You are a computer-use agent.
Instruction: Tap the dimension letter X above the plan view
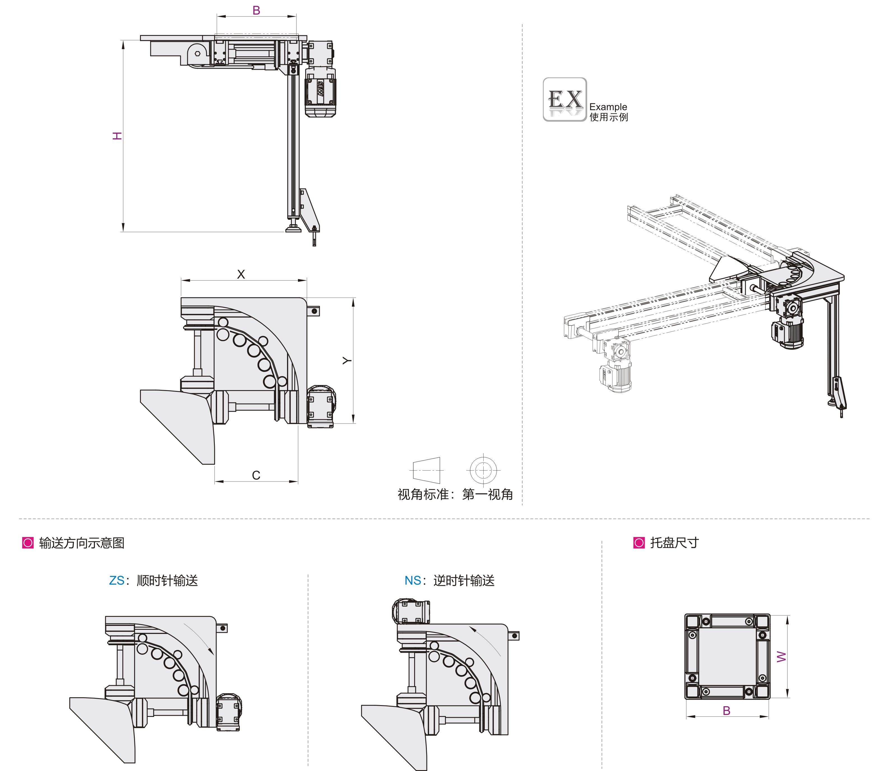coord(241,274)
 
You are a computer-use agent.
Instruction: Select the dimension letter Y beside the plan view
coord(347,360)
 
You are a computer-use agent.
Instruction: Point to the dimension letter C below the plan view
coord(256,475)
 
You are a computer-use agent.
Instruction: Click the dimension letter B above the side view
coord(256,10)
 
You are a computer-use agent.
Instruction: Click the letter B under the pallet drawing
coord(726,711)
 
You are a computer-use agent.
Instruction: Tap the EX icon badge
coord(565,99)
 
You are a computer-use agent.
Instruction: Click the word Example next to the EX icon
coord(608,107)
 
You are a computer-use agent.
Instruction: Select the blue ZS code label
coord(116,581)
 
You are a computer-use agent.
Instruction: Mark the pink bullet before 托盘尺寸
coord(639,543)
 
